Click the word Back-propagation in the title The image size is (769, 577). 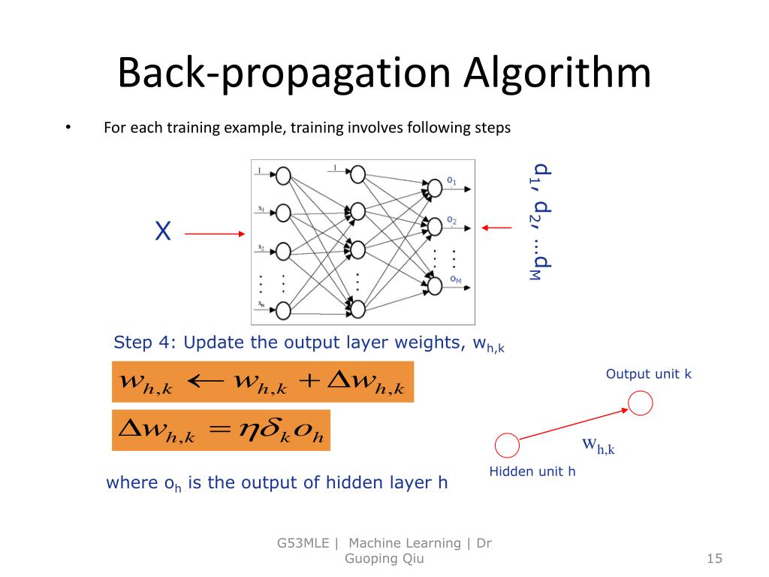tap(282, 74)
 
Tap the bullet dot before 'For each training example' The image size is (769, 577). tap(68, 127)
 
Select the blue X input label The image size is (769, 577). tap(162, 231)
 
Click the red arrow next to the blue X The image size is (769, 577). tap(215, 234)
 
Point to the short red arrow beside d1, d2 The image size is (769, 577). tap(496, 227)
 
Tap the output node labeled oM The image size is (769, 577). tap(433, 285)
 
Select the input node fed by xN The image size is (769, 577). tap(283, 309)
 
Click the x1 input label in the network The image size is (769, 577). tap(259, 209)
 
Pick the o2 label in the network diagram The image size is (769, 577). tap(451, 220)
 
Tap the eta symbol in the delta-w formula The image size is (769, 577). tap(248, 430)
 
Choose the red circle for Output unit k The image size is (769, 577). tap(641, 404)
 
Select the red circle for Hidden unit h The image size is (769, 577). tap(507, 446)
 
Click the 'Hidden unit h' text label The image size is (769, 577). tap(532, 472)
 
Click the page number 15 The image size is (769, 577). tap(713, 558)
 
